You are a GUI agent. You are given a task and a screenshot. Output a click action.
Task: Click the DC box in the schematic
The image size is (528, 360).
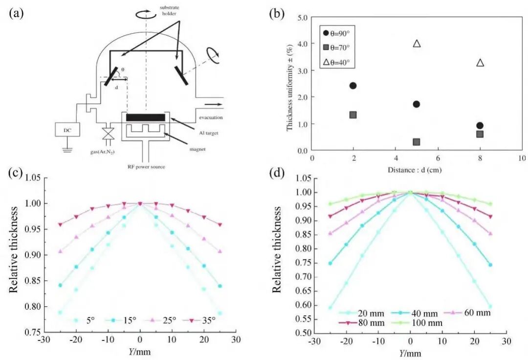[x=67, y=129]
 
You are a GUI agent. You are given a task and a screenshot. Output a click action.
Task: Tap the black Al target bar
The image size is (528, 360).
[x=146, y=117]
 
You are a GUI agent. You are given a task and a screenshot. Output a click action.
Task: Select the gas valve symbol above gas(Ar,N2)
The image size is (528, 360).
[x=108, y=134]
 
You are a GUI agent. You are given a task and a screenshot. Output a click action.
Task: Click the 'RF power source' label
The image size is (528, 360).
[x=146, y=167]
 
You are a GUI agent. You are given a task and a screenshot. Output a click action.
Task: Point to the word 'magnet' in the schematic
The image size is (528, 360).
[x=198, y=149]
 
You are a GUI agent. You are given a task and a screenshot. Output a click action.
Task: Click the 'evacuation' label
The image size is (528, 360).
[x=211, y=117]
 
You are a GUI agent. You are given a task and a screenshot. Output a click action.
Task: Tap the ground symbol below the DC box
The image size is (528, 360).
[x=67, y=149]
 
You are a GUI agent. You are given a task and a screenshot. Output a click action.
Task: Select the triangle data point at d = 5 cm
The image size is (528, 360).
[x=417, y=44]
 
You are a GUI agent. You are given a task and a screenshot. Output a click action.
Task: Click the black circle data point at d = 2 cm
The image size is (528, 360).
[x=353, y=86]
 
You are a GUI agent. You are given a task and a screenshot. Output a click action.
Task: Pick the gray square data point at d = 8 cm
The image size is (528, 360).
[x=480, y=134]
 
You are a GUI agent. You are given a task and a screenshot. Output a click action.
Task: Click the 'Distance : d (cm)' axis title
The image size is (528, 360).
[x=415, y=170]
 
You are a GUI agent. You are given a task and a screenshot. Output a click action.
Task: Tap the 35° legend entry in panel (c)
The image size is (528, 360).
[x=200, y=320]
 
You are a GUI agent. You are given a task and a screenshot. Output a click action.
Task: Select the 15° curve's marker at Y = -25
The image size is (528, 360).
[x=60, y=285]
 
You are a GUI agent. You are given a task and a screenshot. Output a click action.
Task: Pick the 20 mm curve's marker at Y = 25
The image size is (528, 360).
[x=490, y=307]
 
